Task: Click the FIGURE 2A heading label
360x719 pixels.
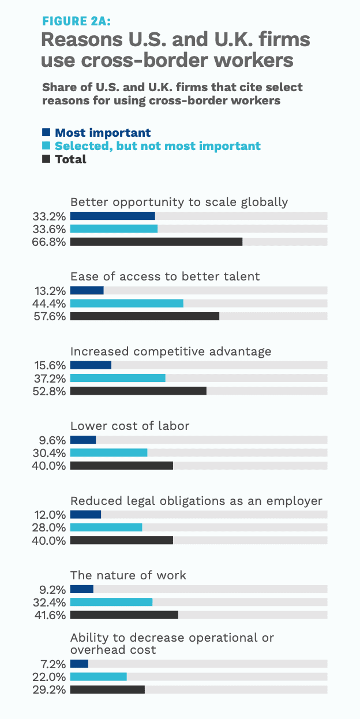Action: pyautogui.click(x=77, y=21)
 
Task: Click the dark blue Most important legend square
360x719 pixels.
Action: pyautogui.click(x=47, y=133)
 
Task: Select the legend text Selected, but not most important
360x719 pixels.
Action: pyautogui.click(x=157, y=146)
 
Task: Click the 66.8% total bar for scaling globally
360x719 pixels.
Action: pyautogui.click(x=156, y=242)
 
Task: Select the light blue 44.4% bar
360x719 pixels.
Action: pyautogui.click(x=126, y=304)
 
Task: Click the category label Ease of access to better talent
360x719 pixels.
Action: pyautogui.click(x=165, y=276)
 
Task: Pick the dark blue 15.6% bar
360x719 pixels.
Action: pyautogui.click(x=91, y=365)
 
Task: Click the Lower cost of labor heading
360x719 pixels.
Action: pyautogui.click(x=130, y=426)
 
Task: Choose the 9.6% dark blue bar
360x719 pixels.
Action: pyautogui.click(x=82, y=440)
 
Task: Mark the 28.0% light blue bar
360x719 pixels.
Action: pyautogui.click(x=106, y=527)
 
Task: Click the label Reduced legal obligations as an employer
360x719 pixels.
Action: pyautogui.click(x=196, y=500)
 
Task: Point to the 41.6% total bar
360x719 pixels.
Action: pyautogui.click(x=124, y=615)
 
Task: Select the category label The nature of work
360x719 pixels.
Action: pyautogui.click(x=128, y=575)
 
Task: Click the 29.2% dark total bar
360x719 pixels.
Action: pyautogui.click(x=107, y=690)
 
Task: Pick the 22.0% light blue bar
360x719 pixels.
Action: pyautogui.click(x=98, y=677)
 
